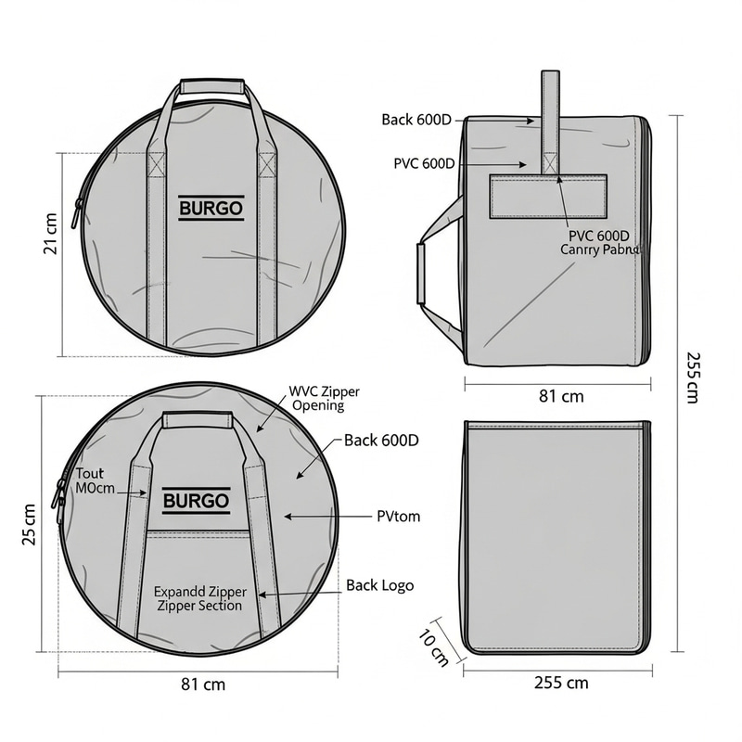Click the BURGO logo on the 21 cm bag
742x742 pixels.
coord(211,209)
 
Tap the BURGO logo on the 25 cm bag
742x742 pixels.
coord(196,502)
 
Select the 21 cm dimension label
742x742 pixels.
coord(50,233)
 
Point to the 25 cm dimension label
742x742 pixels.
coord(31,524)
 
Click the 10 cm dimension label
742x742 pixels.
coord(433,647)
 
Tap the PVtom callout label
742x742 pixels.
coord(398,516)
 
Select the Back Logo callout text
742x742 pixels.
coord(379,585)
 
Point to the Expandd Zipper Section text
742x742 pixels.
coord(199,598)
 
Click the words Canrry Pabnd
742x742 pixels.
coord(599,249)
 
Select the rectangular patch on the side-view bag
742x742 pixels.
coord(547,197)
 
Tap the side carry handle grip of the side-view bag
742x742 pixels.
coord(421,275)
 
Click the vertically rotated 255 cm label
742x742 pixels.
coord(692,377)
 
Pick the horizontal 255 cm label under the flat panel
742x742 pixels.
coord(561,683)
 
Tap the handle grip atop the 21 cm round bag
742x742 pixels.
coord(211,87)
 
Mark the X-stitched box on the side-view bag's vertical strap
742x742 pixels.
coord(550,164)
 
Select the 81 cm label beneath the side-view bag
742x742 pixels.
coord(561,396)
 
